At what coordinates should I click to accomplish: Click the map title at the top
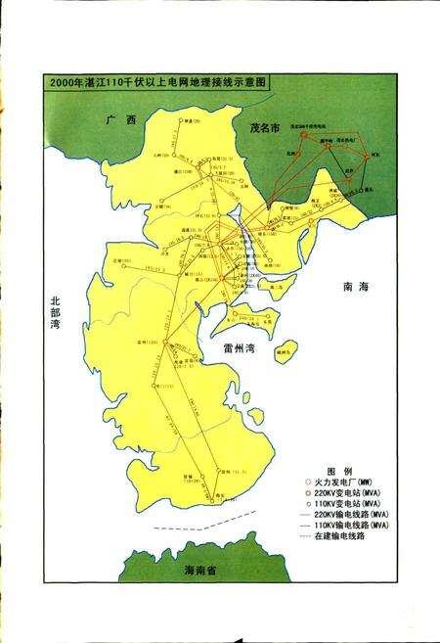[x=156, y=83]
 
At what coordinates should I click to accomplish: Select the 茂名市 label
[x=265, y=128]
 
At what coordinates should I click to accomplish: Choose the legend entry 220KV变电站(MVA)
[x=350, y=494]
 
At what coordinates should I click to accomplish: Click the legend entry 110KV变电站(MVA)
[x=350, y=505]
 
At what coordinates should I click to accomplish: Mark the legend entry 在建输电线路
[x=344, y=537]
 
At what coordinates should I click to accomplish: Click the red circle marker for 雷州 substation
[x=166, y=343]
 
